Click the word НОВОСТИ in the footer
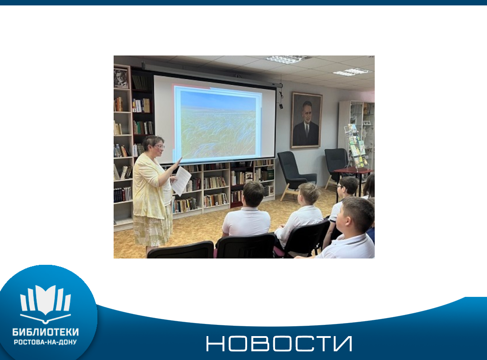[279, 344]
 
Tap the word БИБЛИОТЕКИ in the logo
[46, 332]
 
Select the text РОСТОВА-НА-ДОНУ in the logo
[46, 342]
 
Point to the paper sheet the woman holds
[181, 181]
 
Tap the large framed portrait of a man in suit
[306, 120]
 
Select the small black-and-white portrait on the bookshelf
[121, 78]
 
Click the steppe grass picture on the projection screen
[218, 122]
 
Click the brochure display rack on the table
[356, 146]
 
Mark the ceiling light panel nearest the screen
[287, 59]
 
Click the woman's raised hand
[178, 163]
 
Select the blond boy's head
[308, 194]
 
